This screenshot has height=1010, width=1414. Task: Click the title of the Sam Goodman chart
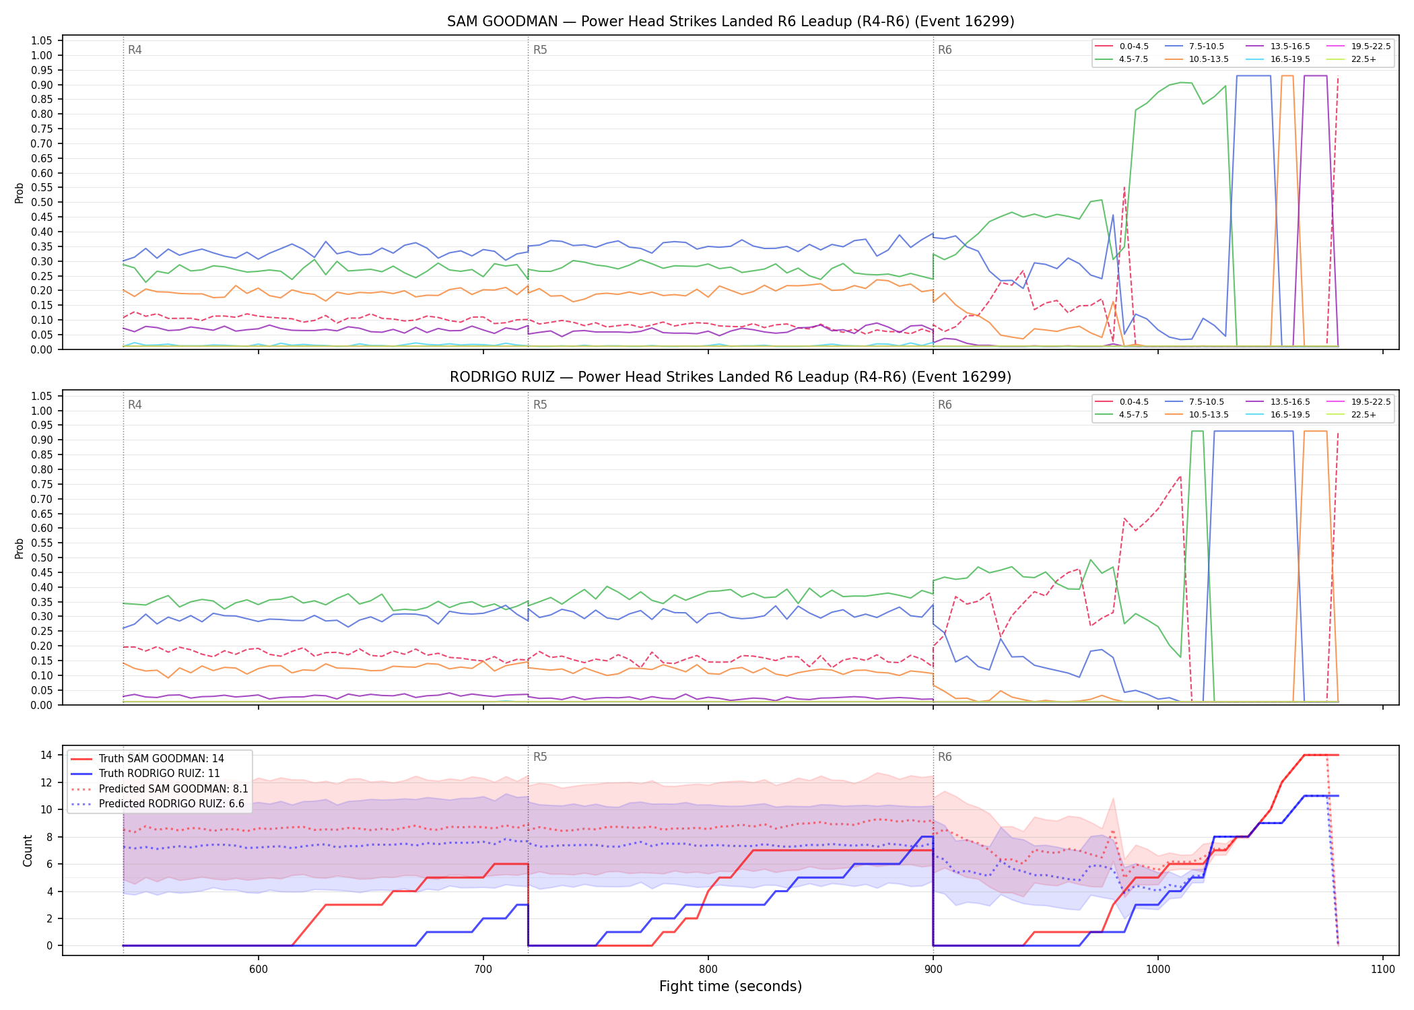pyautogui.click(x=731, y=22)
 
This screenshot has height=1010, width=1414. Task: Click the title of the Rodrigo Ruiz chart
pyautogui.click(x=731, y=377)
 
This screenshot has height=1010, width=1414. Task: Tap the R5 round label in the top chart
pyautogui.click(x=540, y=50)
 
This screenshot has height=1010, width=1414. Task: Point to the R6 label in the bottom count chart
pyautogui.click(x=945, y=757)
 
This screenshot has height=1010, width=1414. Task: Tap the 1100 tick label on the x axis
pyautogui.click(x=1382, y=970)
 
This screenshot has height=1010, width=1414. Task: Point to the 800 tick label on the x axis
pyautogui.click(x=708, y=970)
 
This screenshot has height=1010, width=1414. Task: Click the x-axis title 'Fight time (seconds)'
pyautogui.click(x=731, y=987)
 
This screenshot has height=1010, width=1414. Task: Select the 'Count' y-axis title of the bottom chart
pyautogui.click(x=28, y=850)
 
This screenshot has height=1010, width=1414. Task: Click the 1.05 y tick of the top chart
pyautogui.click(x=42, y=41)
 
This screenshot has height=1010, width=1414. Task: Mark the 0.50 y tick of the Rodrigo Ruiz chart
pyautogui.click(x=42, y=558)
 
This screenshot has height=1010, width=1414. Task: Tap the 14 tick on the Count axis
pyautogui.click(x=46, y=755)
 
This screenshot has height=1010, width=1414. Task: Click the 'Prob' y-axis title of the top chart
pyautogui.click(x=20, y=193)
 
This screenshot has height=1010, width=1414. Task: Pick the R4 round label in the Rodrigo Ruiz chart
pyautogui.click(x=135, y=405)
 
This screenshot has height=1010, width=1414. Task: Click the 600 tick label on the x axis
pyautogui.click(x=258, y=970)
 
